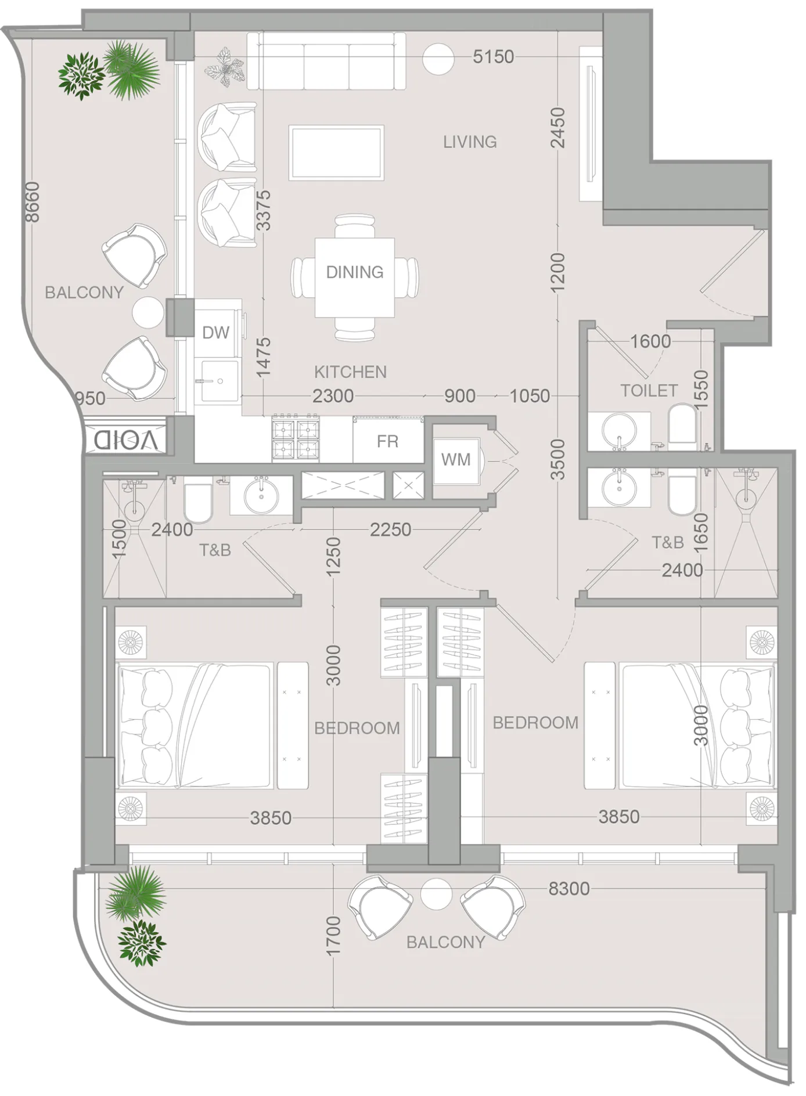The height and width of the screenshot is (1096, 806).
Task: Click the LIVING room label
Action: pos(469,142)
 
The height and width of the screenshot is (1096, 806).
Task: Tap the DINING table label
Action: pos(354,272)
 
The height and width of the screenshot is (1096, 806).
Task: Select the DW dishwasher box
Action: pos(216,333)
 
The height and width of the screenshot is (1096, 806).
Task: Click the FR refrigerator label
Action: pos(387,442)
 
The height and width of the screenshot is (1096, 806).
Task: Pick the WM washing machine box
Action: pos(456,460)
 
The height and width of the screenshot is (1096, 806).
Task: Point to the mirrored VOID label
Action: pos(125,440)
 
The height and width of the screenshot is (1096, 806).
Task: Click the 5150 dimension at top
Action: pos(493,57)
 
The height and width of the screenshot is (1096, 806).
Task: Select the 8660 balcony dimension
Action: pos(32,202)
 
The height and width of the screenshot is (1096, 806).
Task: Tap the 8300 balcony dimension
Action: pos(568,888)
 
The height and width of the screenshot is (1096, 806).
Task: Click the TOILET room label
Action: pos(649,391)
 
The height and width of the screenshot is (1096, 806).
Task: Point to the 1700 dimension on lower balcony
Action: pos(333,936)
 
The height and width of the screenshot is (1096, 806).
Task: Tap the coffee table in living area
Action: pos(336,153)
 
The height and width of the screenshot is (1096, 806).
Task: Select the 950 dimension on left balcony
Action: pos(90,399)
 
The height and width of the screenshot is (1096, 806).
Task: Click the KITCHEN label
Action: pos(350,372)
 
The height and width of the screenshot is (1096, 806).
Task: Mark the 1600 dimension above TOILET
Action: pos(650,341)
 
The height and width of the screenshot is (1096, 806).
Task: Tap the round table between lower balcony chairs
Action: pos(436,894)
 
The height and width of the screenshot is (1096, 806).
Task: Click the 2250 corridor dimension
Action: pos(390,529)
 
